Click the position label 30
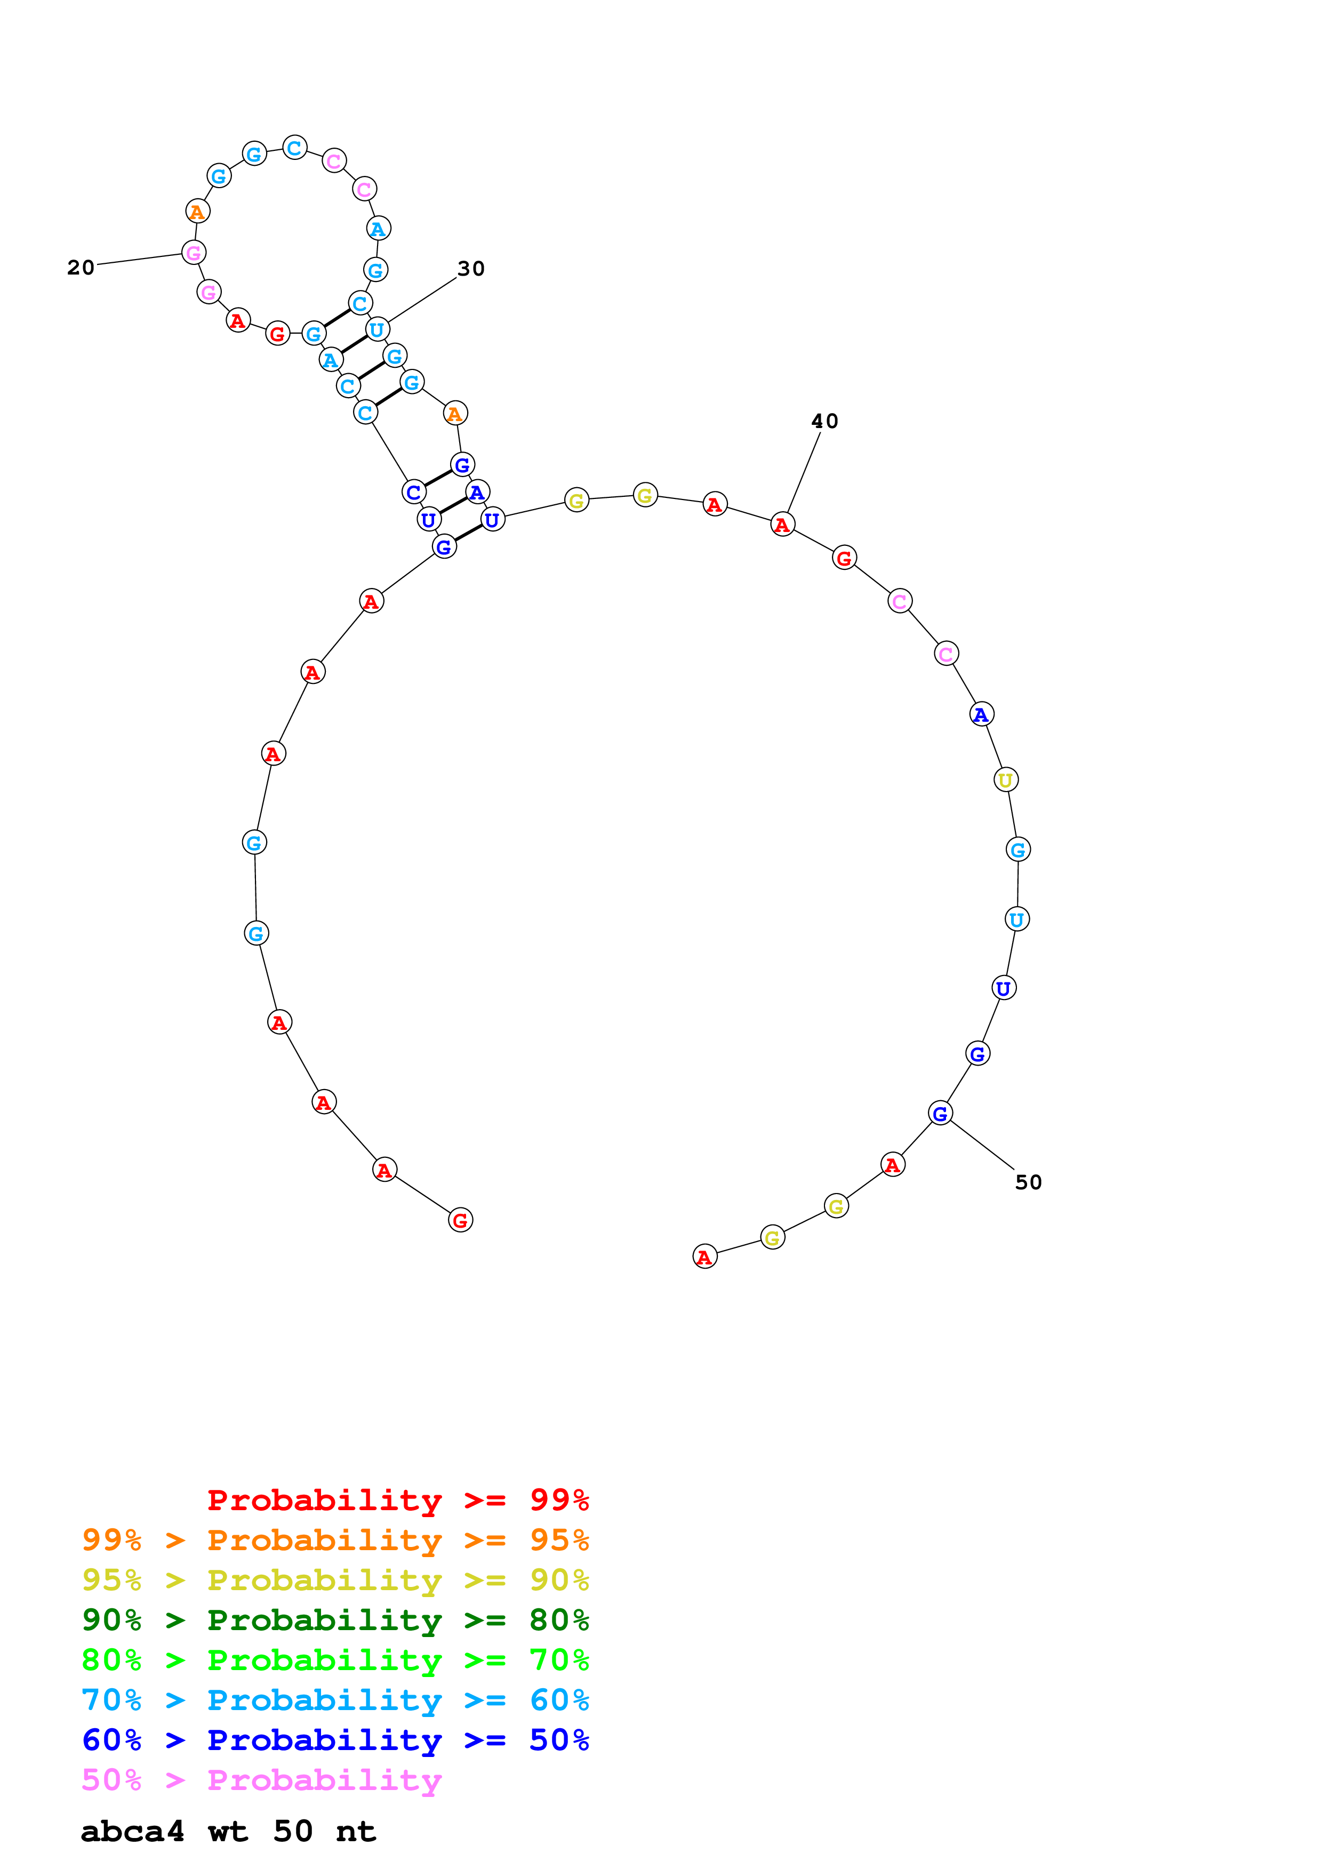(471, 269)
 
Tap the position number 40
(824, 421)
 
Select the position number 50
(1028, 1182)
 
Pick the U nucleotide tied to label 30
(377, 330)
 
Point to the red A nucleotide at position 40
(782, 525)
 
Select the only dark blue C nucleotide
(414, 492)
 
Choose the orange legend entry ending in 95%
(335, 1539)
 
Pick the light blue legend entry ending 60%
(335, 1700)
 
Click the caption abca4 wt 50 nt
(228, 1832)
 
